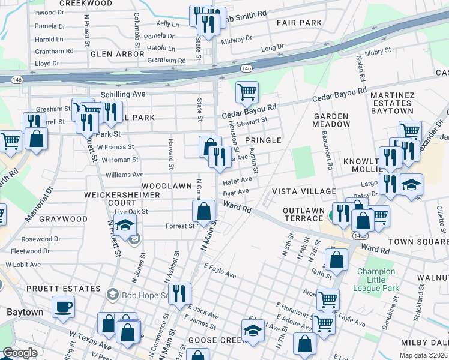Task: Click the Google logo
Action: click(x=20, y=353)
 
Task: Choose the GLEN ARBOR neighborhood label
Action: click(x=117, y=54)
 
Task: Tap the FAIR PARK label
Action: click(x=299, y=23)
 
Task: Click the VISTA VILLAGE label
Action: click(x=304, y=191)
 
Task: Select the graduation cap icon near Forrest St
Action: click(x=125, y=227)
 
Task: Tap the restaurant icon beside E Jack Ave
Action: click(x=179, y=295)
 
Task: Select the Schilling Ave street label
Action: click(x=123, y=95)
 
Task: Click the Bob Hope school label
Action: click(x=139, y=295)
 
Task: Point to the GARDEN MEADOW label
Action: click(x=331, y=120)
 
